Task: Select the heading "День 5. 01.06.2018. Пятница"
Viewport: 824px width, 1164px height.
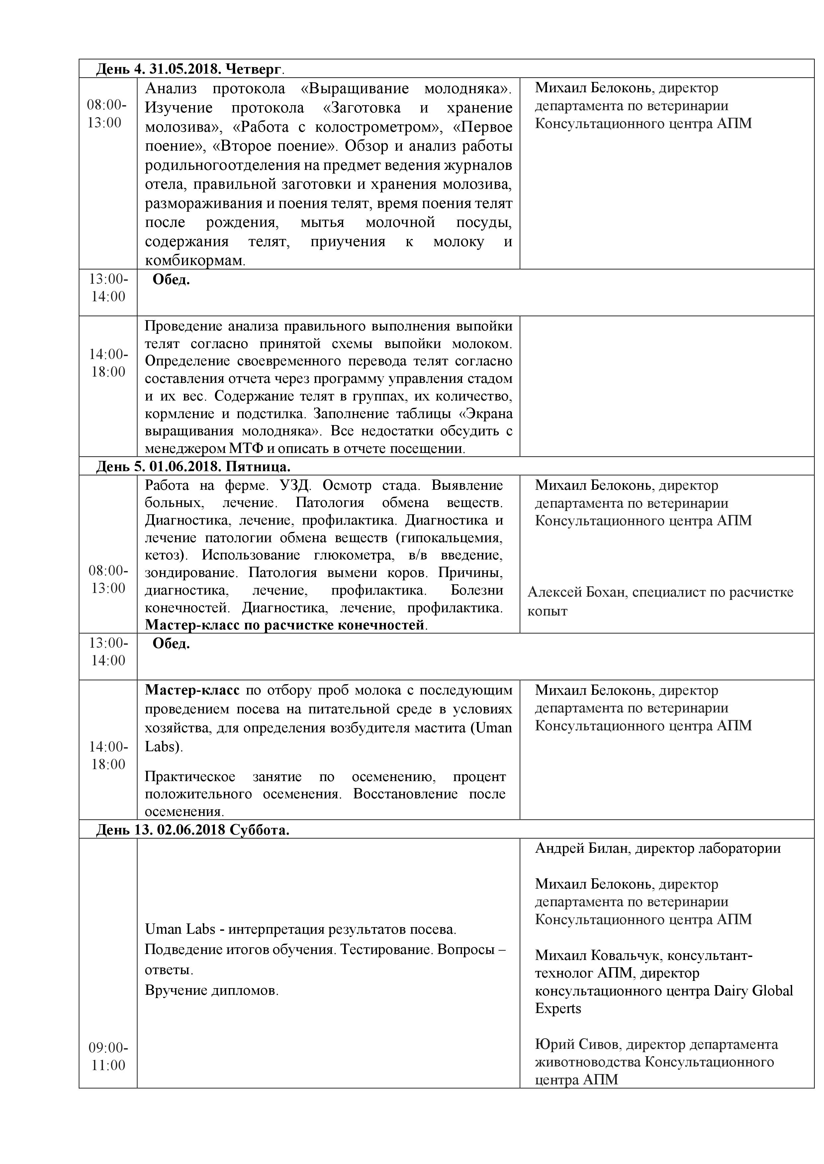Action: (x=193, y=467)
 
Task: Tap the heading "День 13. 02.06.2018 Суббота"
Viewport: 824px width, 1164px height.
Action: (x=193, y=830)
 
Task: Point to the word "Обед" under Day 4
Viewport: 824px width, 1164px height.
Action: (x=171, y=279)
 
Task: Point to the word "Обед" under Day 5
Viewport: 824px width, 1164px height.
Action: (x=171, y=644)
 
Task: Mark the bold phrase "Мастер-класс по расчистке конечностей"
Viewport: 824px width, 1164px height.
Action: (x=285, y=625)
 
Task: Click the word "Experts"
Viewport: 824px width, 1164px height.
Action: (x=558, y=1008)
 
